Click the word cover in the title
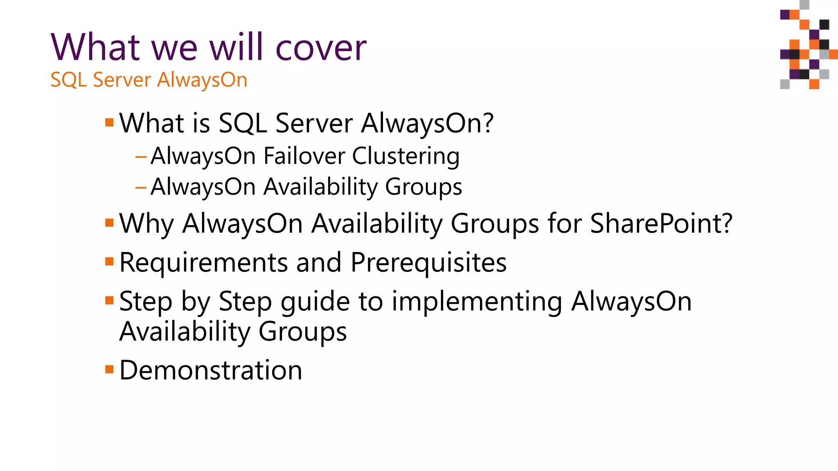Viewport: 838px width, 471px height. pyautogui.click(x=321, y=48)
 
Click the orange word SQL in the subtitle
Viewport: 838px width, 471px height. pyautogui.click(x=68, y=80)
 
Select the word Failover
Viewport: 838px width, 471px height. pyautogui.click(x=304, y=156)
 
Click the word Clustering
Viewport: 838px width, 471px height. pyautogui.click(x=405, y=157)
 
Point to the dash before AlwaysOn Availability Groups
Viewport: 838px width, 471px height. pyautogui.click(x=141, y=188)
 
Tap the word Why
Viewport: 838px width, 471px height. pyautogui.click(x=146, y=224)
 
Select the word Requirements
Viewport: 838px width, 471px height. pyautogui.click(x=203, y=262)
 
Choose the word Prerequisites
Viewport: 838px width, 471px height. pyautogui.click(x=428, y=262)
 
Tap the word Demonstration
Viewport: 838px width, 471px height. pyautogui.click(x=211, y=370)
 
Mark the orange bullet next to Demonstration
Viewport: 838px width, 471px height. pyautogui.click(x=109, y=370)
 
